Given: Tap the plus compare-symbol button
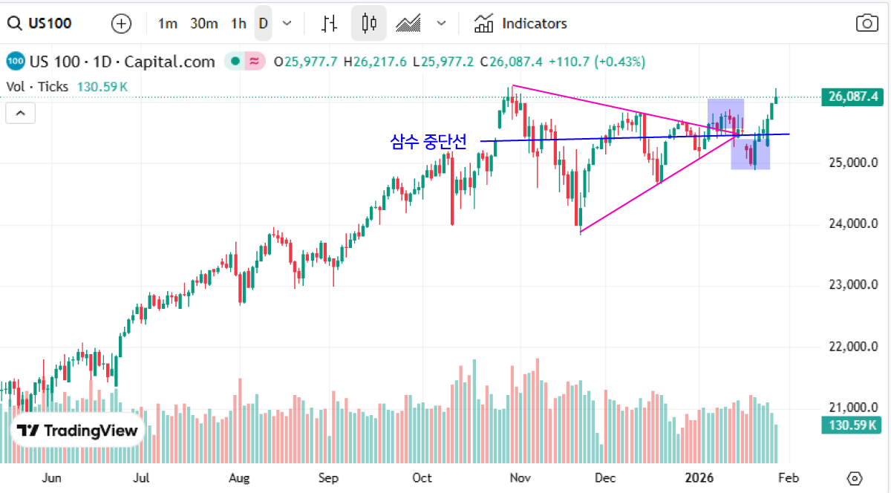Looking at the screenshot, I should (121, 24).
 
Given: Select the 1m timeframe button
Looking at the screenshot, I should (168, 24).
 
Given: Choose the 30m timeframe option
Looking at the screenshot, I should (203, 24).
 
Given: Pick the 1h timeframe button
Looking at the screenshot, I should (238, 24).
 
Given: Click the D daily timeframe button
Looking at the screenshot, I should (263, 24).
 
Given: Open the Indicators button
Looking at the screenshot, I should (520, 24).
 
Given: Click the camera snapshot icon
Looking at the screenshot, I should (866, 24).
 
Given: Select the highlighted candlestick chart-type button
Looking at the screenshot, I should (369, 24).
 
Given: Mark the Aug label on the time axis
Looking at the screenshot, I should (238, 477).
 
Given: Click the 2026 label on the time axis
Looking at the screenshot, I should (699, 477).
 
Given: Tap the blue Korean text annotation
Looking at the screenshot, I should (428, 142).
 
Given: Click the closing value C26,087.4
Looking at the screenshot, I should (512, 62).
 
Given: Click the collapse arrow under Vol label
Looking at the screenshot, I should (21, 114).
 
